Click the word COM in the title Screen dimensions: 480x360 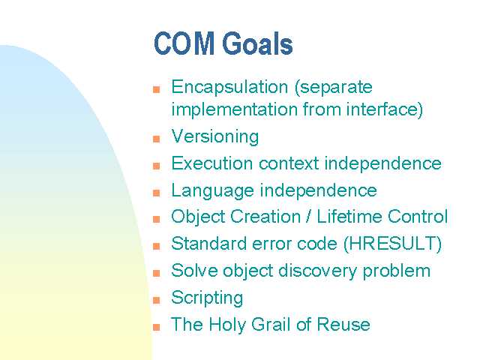pos(184,43)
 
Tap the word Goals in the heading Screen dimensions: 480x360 pos(257,43)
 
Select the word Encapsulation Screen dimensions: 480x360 pos(229,88)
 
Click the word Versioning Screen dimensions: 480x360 pos(215,136)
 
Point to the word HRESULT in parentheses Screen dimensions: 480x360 pos(392,244)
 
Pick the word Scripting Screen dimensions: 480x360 pos(207,298)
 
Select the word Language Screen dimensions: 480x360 pos(213,191)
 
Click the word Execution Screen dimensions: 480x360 pos(212,163)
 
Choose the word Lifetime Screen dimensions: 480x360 pos(349,217)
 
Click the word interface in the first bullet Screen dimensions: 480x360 pos(382,109)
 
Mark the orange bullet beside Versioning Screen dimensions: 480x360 pos(157,139)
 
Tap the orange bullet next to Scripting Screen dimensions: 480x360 pos(157,300)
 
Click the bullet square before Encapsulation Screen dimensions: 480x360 pos(157,89)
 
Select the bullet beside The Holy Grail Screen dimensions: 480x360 pos(157,327)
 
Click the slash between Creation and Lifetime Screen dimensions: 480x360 pos(308,217)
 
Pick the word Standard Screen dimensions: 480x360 pos(209,244)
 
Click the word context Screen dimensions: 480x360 pos(289,163)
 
